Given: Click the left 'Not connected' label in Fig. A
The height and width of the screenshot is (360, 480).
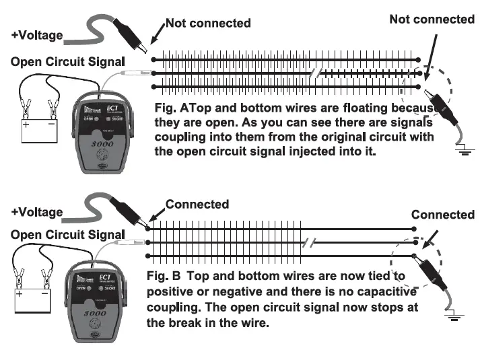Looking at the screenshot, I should (x=208, y=24).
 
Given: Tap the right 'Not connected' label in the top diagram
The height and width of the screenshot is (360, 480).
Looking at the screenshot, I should (x=432, y=19).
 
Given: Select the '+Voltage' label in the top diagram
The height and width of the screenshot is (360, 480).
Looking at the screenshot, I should (x=37, y=35).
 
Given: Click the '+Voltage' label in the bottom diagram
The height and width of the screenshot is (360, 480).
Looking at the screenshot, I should (x=37, y=212).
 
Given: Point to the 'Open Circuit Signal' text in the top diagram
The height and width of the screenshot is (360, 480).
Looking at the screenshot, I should (x=68, y=62).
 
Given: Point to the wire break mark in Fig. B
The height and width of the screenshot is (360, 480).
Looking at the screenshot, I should (x=308, y=244).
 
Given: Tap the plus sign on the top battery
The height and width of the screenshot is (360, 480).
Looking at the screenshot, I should (x=26, y=126).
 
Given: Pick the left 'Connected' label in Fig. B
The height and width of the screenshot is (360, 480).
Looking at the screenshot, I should (x=197, y=204).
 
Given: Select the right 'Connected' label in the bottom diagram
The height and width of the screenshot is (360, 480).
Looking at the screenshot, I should (x=442, y=215).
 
